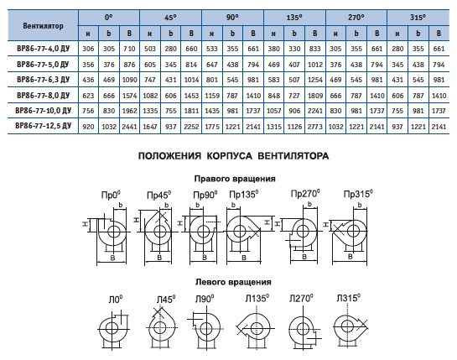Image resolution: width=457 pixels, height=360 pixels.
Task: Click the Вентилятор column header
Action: pos(43,26)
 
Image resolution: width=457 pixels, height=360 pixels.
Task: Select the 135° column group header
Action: pos(294,18)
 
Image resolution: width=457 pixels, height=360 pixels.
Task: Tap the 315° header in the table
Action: pos(418,18)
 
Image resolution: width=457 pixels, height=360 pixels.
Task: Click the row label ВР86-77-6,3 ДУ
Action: pos(43,80)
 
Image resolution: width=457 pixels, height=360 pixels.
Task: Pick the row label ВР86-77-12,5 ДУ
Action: pos(43,126)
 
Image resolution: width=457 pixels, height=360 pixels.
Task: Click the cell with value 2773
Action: pos(315,127)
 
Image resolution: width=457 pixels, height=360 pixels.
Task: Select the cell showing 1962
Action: pos(129,111)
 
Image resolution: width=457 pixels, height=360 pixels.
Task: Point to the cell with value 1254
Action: pos(315,80)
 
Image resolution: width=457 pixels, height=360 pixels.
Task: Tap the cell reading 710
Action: pos(129,49)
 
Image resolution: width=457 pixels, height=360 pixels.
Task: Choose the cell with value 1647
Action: pos(150,127)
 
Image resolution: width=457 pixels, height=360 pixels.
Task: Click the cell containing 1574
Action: pos(129,96)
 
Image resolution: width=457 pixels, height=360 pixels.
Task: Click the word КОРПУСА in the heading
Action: pos(229,156)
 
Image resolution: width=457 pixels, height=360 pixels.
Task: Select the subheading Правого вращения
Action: pos(235,179)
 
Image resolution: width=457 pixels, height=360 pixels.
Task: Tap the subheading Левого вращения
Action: pos(233,282)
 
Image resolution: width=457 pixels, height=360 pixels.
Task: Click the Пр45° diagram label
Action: pos(158,195)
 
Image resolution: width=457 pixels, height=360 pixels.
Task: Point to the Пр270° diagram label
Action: pos(305,193)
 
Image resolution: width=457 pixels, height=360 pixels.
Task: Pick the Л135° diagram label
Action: pos(257,298)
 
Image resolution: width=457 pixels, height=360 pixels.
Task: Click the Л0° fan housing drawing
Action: pos(113,330)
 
